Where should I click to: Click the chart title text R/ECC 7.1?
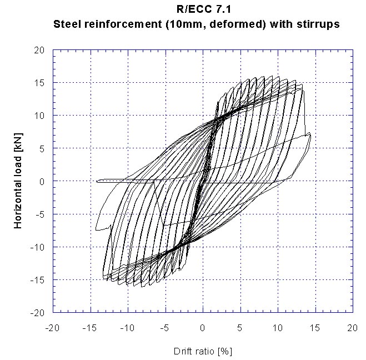[x=202, y=9]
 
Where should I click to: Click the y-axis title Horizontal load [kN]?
[x=18, y=182]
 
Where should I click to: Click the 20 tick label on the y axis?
[x=39, y=50]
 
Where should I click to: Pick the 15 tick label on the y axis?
[x=39, y=83]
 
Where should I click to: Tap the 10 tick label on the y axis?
[x=39, y=116]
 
